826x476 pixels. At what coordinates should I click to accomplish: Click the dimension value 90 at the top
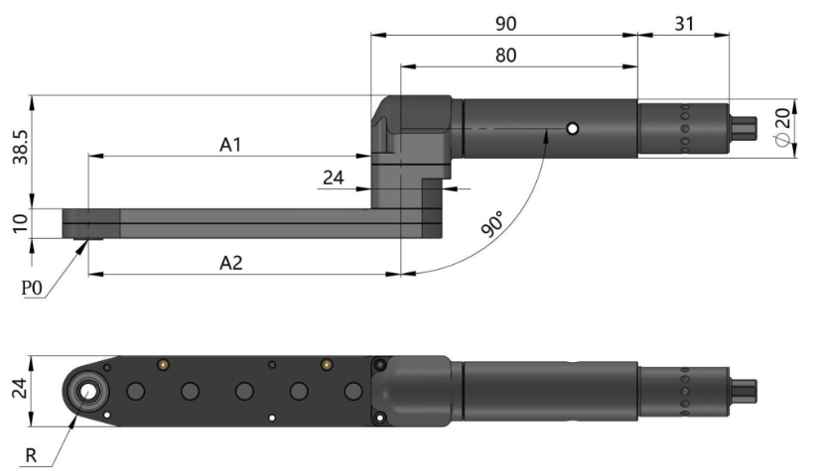click(505, 24)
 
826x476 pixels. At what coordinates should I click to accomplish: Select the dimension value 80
click(505, 56)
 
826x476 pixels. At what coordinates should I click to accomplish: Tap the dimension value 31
click(684, 24)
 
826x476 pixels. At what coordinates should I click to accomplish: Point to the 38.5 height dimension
click(21, 147)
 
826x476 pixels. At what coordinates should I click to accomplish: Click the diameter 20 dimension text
click(783, 126)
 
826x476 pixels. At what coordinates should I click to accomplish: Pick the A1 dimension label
click(230, 145)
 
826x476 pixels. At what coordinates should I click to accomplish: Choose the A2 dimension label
click(230, 263)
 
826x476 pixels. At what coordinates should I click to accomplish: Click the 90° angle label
click(493, 224)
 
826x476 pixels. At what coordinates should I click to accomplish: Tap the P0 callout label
click(31, 288)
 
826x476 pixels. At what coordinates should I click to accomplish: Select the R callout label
click(31, 455)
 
